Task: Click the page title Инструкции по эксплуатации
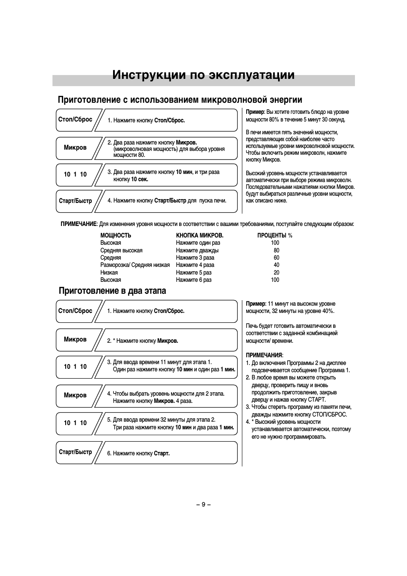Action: pos(203,75)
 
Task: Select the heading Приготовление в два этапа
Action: pos(112,291)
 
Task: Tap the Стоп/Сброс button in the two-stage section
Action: pos(75,311)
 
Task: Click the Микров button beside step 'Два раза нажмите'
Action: pos(75,148)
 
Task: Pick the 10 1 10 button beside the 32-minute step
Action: pos(75,423)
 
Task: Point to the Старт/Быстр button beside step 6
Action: pos(75,452)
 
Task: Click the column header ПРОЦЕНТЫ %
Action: pos(275,235)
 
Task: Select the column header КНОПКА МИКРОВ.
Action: pos(199,235)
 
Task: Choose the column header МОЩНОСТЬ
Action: pos(116,235)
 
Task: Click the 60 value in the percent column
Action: pos(276,258)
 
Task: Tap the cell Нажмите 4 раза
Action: pos(195,265)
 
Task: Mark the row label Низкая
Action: pos(109,272)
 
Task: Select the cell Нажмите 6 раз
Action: pos(194,280)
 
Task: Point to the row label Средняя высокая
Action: pos(121,250)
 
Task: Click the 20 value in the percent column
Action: pos(276,272)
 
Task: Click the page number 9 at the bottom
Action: pos(203,504)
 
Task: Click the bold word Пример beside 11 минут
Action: pos(255,304)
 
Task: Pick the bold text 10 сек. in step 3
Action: pos(140,179)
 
